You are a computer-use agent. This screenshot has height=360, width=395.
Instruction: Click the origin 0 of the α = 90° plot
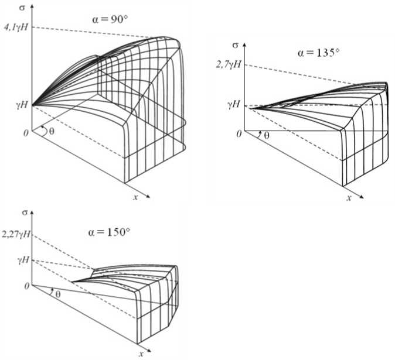point(25,133)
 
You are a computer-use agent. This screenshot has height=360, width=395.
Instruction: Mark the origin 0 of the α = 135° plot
point(239,134)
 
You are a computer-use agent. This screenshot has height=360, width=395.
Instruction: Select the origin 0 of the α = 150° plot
point(26,286)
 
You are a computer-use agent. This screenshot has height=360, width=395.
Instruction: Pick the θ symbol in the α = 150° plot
point(56,293)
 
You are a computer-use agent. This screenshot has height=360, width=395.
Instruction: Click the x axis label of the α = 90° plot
point(135,196)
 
